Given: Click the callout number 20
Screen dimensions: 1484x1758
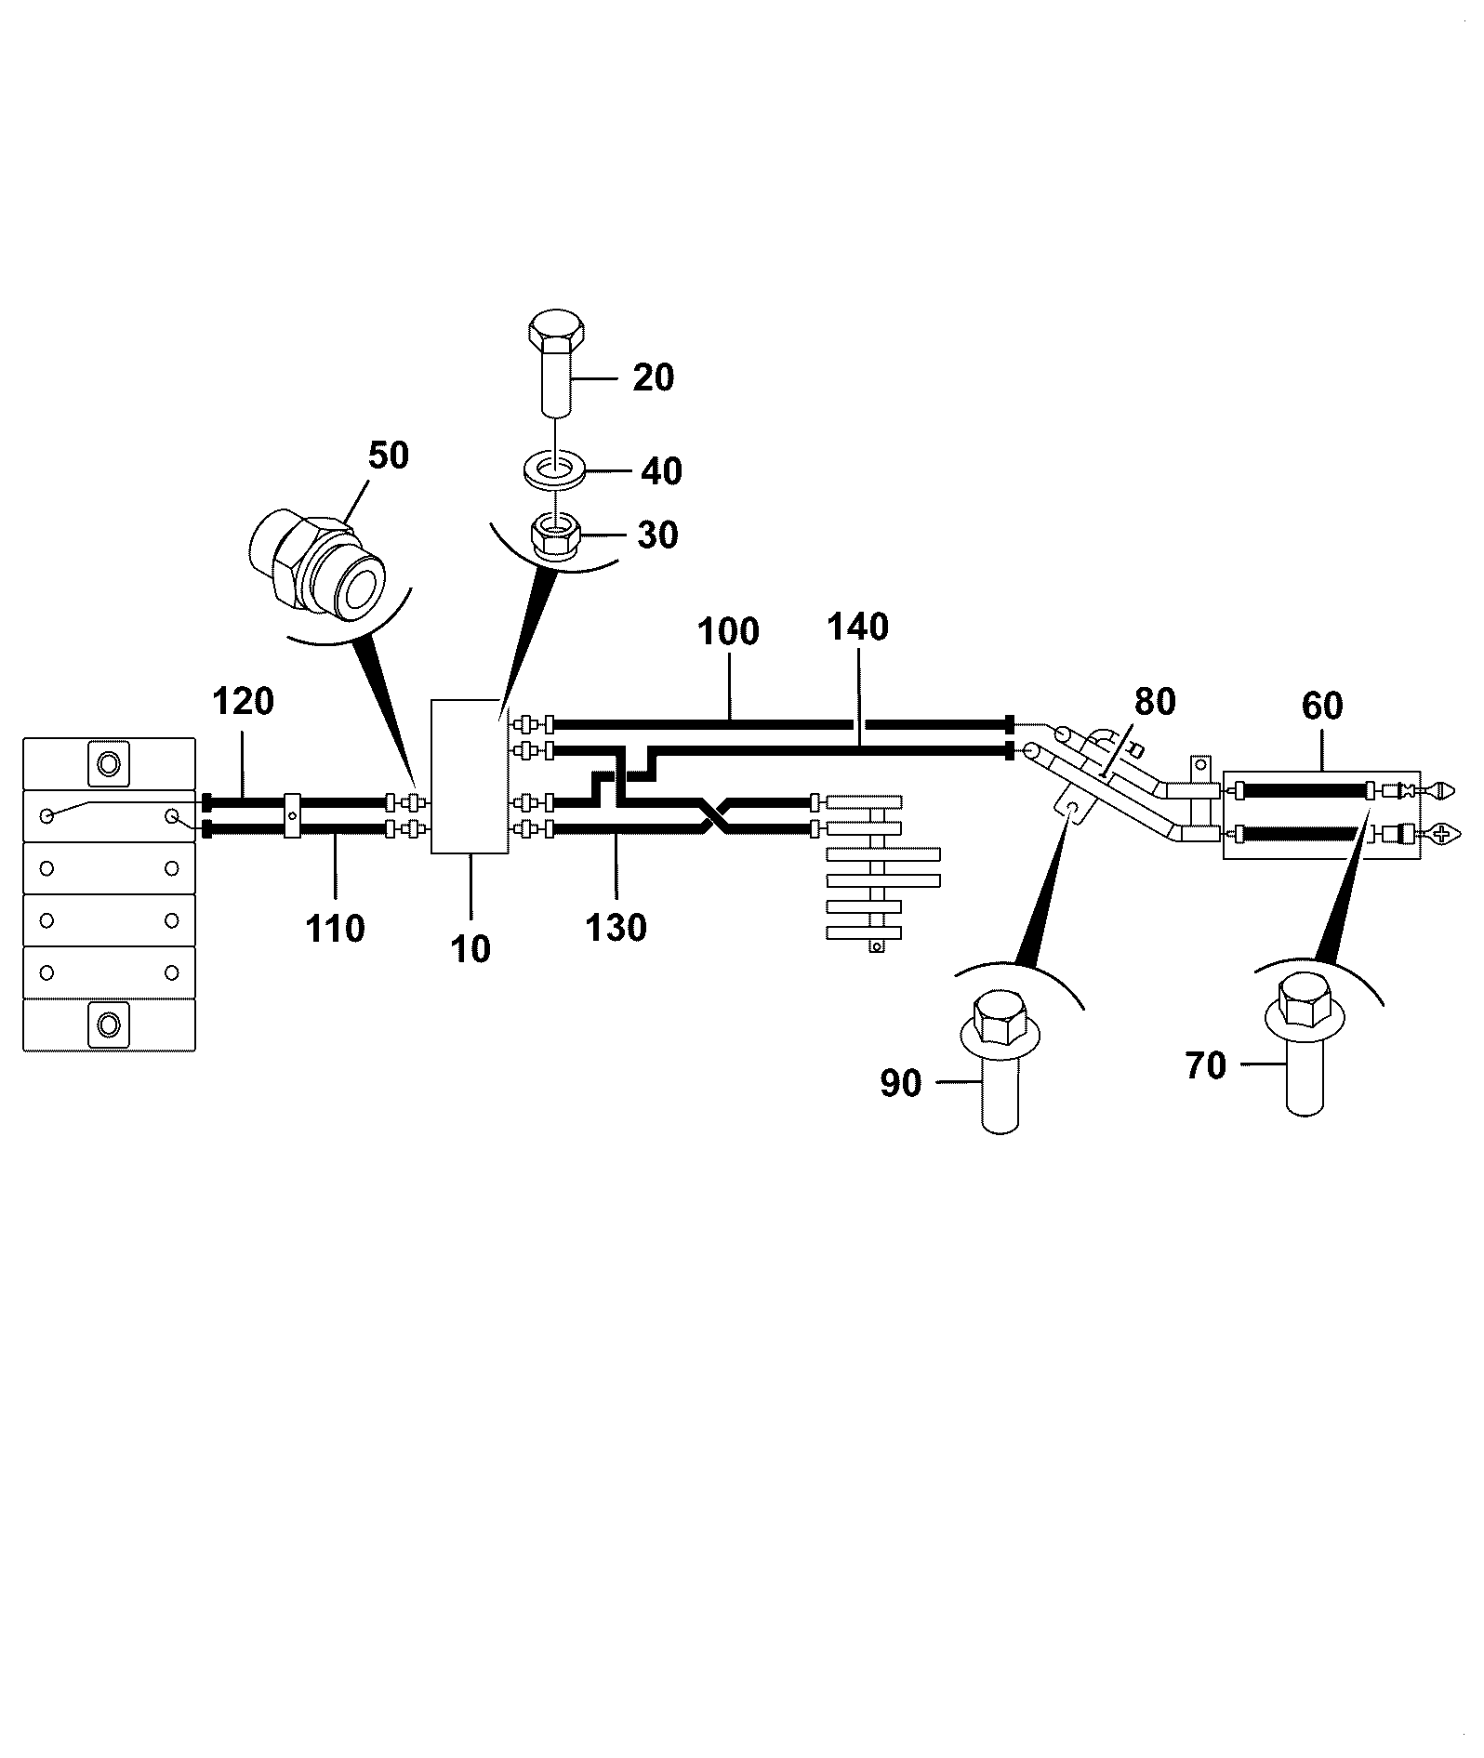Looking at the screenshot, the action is click(653, 377).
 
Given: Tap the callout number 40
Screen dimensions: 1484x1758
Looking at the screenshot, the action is click(661, 471).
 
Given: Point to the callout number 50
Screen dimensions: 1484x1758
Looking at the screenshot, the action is click(388, 456).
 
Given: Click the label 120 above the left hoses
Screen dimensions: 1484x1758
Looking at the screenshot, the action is click(244, 701).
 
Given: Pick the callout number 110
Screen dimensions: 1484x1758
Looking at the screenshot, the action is click(335, 928).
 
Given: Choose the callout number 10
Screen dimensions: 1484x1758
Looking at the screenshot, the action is click(470, 949).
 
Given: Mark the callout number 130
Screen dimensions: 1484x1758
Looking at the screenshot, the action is click(616, 928).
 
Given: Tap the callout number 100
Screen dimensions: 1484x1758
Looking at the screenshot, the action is click(728, 632).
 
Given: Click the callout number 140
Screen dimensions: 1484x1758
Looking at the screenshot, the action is click(857, 628).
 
